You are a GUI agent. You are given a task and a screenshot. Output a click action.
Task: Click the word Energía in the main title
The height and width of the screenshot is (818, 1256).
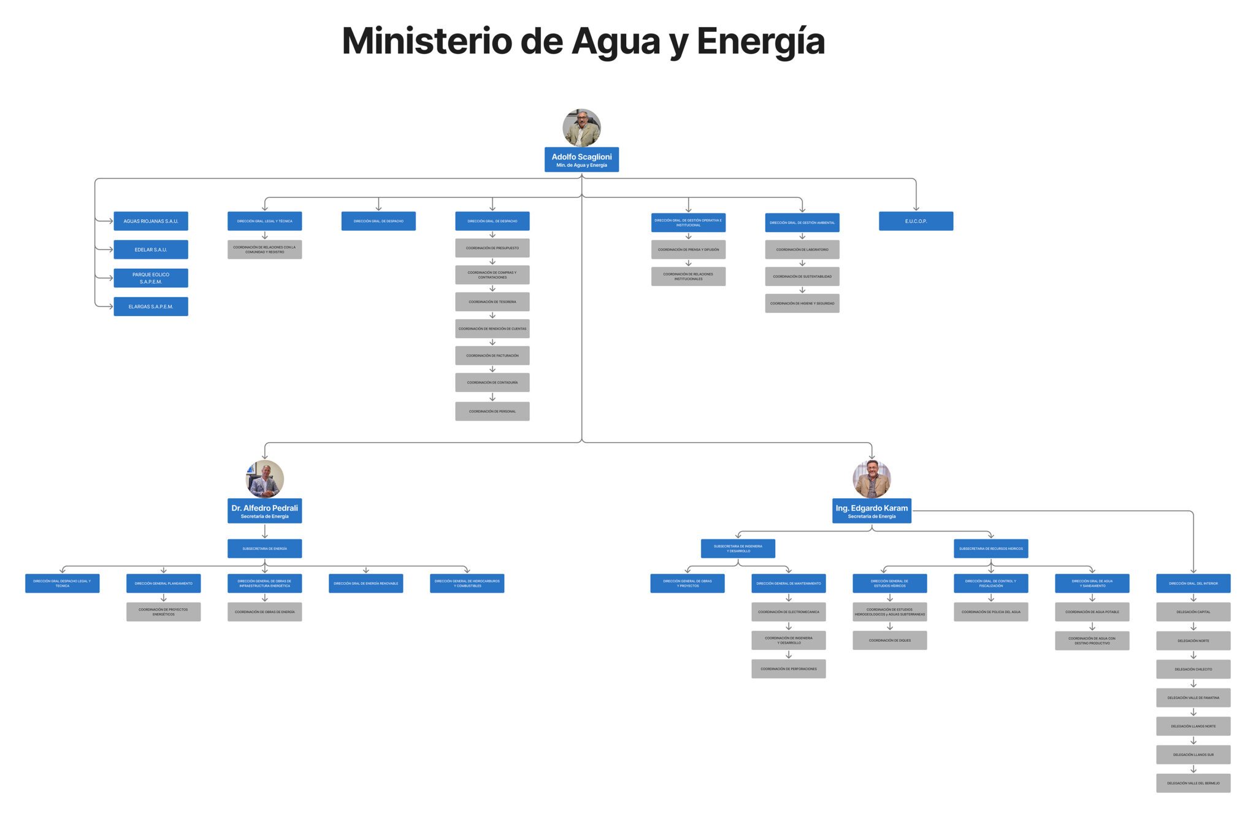point(760,42)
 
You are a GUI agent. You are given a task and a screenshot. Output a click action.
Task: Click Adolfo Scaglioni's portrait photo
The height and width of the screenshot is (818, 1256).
point(581,128)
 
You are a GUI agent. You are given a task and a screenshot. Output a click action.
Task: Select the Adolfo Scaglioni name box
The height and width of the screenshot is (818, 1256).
point(581,160)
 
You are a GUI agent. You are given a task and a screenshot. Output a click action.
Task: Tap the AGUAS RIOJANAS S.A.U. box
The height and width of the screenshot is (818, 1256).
point(151,221)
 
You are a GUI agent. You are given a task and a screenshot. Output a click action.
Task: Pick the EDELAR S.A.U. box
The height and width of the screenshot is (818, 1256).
point(151,250)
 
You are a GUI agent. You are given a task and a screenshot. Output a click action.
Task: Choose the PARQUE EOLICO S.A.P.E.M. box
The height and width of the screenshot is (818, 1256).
point(151,278)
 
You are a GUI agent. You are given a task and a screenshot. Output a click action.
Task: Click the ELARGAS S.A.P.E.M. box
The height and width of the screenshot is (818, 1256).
point(151,306)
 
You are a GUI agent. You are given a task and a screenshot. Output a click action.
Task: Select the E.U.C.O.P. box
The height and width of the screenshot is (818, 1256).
point(916,221)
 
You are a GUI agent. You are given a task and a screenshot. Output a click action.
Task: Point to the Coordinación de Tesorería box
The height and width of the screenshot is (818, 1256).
point(492,302)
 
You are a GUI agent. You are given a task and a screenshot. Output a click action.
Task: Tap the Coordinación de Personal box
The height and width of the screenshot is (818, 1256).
point(492,411)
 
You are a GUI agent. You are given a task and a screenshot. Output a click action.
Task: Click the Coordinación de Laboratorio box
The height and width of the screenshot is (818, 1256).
point(802,250)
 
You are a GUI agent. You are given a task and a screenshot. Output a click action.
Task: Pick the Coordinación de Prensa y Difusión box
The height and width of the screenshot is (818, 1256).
point(688,250)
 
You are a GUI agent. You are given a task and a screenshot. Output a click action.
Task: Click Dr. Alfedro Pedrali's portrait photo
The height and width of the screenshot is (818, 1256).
point(265,479)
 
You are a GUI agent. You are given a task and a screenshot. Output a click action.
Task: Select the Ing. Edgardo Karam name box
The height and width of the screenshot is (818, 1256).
point(871,511)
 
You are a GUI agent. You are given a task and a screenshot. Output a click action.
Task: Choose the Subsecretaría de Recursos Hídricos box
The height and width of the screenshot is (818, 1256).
point(990,549)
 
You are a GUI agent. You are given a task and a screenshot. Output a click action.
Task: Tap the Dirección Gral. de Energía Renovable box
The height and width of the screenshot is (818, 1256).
point(366,583)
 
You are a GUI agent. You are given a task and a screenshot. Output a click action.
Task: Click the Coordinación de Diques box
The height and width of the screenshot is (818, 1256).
point(889,640)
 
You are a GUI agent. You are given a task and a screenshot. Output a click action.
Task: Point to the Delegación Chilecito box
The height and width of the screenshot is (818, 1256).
point(1193,669)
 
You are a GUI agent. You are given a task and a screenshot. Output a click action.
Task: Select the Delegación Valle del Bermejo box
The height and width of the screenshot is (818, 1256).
point(1193,783)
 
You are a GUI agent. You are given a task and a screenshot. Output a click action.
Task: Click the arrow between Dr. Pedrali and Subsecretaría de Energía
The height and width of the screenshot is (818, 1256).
point(265,531)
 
